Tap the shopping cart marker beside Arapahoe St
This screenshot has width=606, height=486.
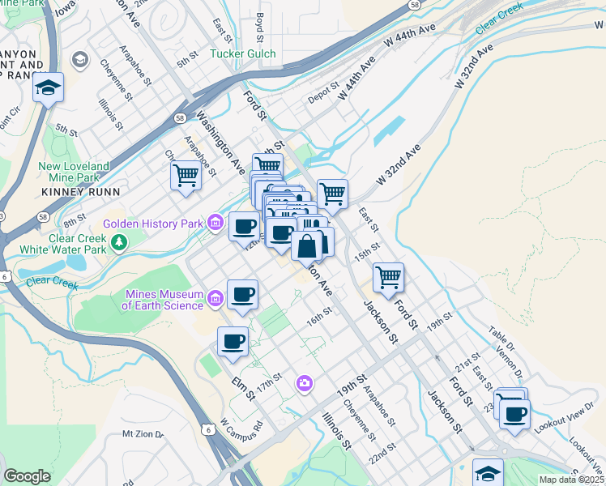tap(186, 175)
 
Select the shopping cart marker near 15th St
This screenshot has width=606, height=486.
tap(389, 277)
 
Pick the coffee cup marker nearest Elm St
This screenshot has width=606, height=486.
tap(233, 341)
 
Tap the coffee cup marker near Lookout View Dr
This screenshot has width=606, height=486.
tap(514, 415)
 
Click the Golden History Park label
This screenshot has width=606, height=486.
tap(153, 223)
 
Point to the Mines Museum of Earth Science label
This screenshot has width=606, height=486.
tap(162, 300)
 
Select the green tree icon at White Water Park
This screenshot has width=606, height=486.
tap(119, 242)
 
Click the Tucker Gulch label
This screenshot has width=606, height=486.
tap(243, 54)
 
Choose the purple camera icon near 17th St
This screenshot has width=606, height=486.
tap(305, 382)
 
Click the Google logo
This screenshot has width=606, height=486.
tap(27, 476)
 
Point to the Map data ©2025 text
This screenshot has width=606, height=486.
tap(570, 480)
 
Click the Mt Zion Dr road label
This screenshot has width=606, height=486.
tap(143, 434)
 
